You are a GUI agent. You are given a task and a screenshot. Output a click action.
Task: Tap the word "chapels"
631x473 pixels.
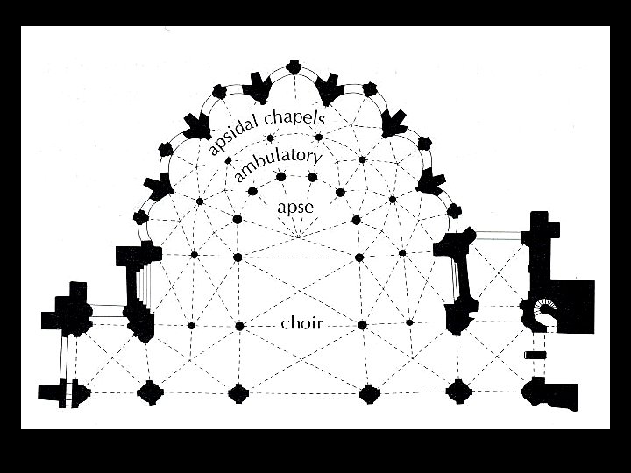(293, 118)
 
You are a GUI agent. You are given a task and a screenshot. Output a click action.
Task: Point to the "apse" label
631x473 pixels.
(294, 208)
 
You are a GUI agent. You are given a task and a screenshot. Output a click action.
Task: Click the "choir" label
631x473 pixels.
(301, 323)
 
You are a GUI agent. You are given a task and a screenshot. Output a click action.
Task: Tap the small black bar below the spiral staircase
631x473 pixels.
(535, 355)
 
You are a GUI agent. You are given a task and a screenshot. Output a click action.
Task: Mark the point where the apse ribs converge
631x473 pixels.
(298, 236)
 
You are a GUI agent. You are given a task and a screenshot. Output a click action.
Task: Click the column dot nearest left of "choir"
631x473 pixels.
(239, 326)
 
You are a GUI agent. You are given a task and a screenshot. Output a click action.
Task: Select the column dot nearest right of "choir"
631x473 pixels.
(360, 325)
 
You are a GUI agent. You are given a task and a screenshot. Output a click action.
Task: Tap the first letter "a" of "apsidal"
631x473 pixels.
(212, 151)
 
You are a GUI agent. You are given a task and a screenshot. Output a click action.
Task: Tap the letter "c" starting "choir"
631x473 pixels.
(285, 324)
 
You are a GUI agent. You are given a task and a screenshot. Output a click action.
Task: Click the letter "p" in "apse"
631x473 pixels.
(288, 210)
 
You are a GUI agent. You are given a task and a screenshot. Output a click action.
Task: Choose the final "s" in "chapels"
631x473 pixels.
(322, 119)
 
